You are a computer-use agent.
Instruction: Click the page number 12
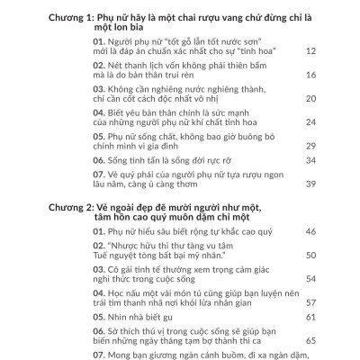click(x=310, y=51)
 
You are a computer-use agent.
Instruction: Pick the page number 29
click(x=310, y=146)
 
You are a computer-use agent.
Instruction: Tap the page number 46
click(x=310, y=232)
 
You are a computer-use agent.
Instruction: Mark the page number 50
click(x=310, y=256)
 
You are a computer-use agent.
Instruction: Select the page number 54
click(x=310, y=279)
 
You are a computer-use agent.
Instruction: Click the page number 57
click(x=310, y=302)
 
